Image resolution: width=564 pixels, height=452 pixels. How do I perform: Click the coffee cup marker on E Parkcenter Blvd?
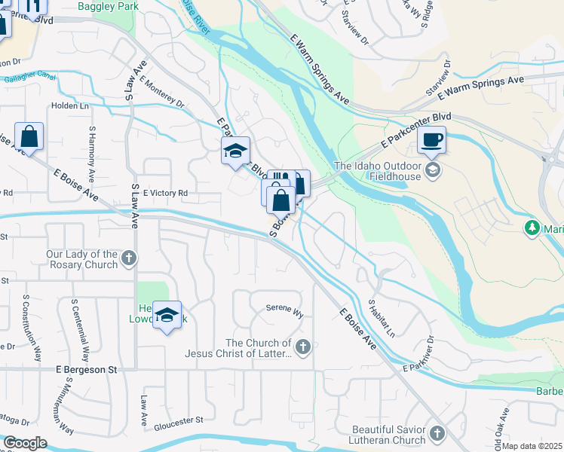[432, 139]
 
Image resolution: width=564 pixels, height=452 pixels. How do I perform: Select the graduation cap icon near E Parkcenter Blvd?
[235, 151]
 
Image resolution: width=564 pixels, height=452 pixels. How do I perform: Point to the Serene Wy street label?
[284, 308]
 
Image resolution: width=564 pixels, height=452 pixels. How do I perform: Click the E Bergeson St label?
[87, 370]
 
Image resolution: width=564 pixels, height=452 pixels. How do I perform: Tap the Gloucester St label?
[179, 420]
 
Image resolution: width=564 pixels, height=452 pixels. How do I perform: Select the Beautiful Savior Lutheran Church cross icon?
[437, 433]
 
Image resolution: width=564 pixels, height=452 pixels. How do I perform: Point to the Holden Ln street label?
[70, 105]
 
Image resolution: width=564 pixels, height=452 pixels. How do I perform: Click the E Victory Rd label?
[164, 193]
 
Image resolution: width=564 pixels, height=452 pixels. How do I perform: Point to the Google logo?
[25, 443]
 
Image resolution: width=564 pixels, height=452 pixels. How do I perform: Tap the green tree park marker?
[533, 227]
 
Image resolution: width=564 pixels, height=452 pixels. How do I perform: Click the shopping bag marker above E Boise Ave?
[29, 137]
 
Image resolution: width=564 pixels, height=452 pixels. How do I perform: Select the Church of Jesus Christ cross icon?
[302, 347]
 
